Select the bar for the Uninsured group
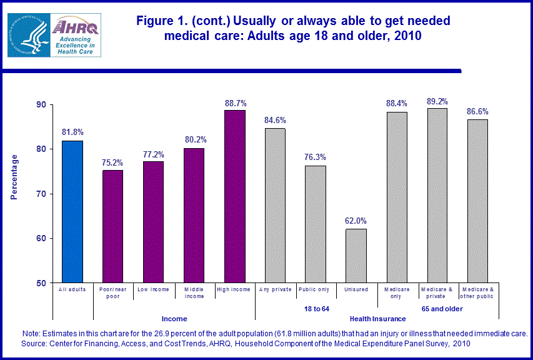357,256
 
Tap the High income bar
235,196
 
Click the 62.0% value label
357,221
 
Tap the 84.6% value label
275,120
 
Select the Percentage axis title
14,177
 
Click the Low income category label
153,289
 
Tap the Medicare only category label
397,292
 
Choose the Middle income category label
194,292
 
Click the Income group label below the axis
174,319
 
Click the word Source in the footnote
36,344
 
